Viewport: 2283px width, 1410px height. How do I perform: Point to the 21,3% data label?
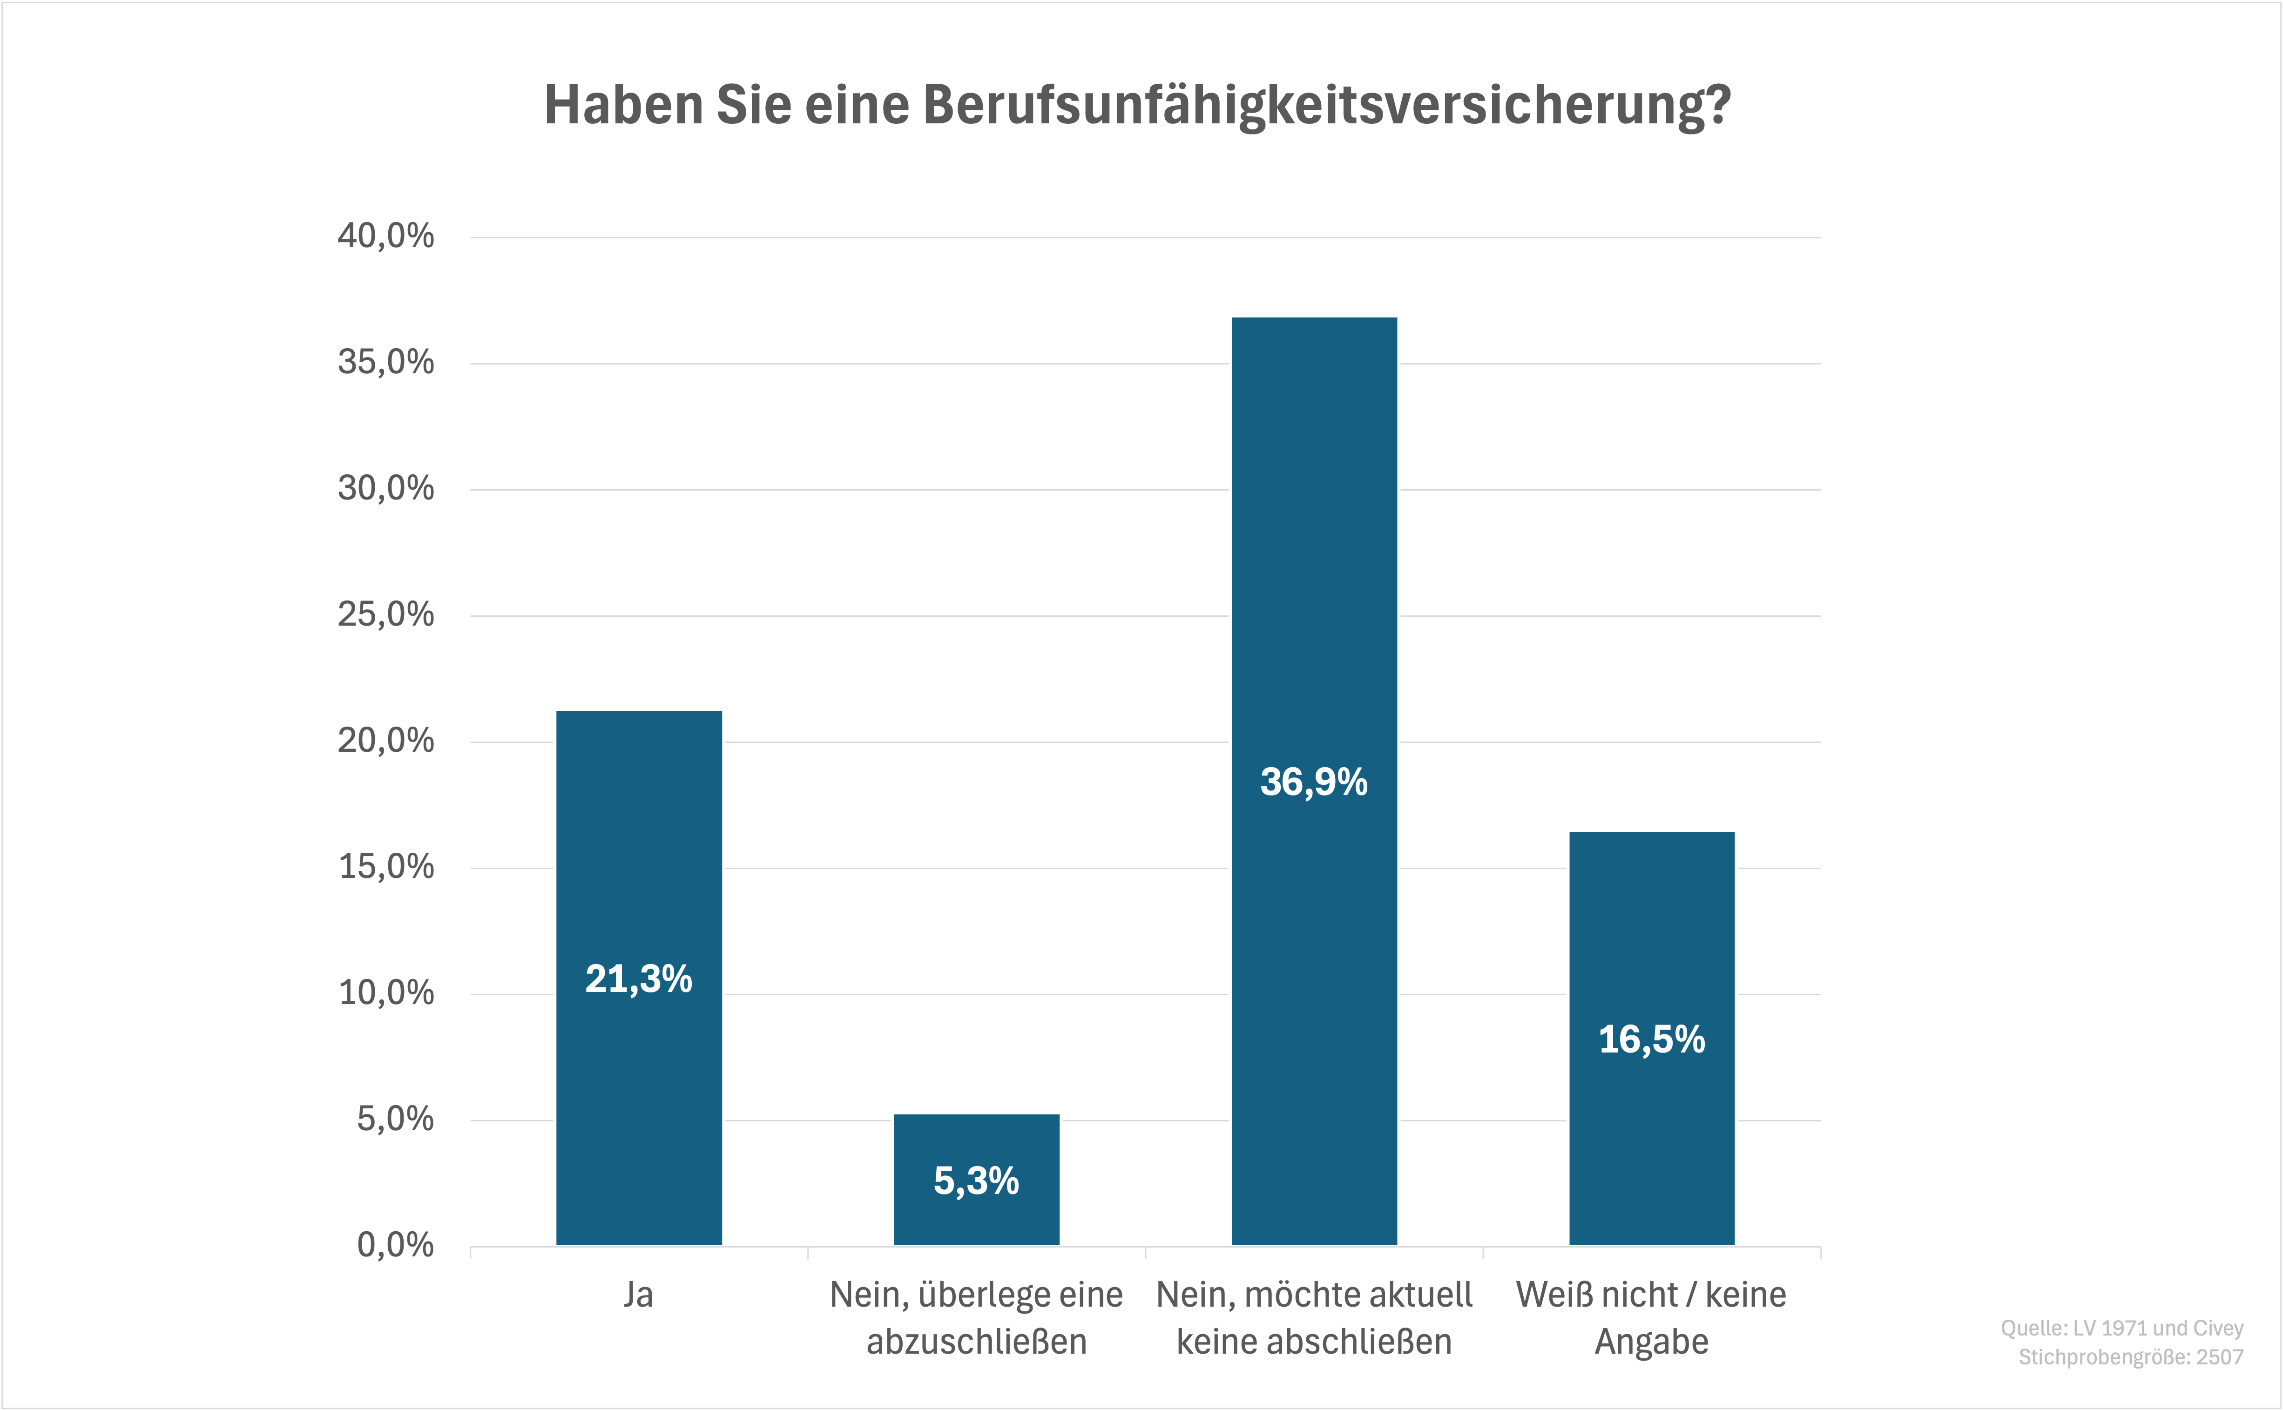pyautogui.click(x=639, y=979)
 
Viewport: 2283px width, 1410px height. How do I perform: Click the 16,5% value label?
pyautogui.click(x=1652, y=1040)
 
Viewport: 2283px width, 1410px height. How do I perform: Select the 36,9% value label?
pyautogui.click(x=1314, y=782)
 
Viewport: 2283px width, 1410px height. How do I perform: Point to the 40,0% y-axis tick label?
pyautogui.click(x=385, y=236)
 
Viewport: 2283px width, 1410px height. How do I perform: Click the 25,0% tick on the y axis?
pyautogui.click(x=385, y=614)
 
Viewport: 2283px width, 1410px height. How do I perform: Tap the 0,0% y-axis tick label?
pyautogui.click(x=394, y=1245)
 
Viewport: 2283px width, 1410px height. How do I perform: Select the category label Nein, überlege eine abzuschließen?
pyautogui.click(x=976, y=1318)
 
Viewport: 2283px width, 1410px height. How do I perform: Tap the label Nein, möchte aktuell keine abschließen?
pyautogui.click(x=1314, y=1318)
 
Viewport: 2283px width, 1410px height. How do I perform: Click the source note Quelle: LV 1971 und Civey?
pyautogui.click(x=2121, y=1328)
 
